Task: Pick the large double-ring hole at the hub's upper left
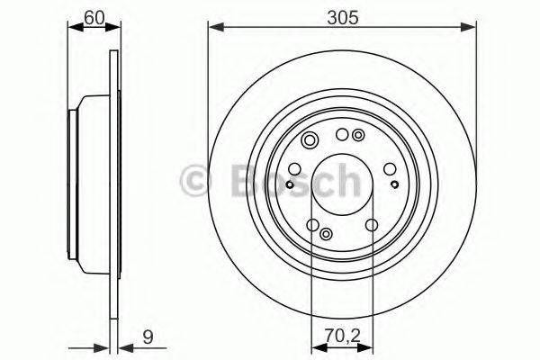point(310,139)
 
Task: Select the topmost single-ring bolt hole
point(342,134)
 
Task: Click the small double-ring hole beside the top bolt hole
point(358,135)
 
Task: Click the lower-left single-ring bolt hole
point(312,224)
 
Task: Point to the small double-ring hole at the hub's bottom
point(326,232)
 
